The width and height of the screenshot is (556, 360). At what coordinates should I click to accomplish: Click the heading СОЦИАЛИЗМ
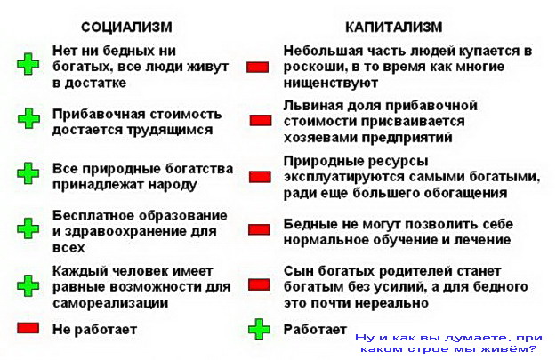point(126,28)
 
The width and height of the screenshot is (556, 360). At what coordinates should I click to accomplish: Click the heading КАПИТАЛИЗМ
point(393,28)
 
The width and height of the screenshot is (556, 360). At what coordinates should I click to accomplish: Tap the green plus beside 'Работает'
point(259,329)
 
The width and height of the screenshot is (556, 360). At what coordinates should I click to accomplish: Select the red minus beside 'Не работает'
point(28,328)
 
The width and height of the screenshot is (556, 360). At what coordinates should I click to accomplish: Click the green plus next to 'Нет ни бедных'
point(28,64)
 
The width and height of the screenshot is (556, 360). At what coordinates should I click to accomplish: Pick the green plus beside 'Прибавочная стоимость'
point(28,118)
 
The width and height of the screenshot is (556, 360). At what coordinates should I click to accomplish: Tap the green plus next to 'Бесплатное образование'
point(28,228)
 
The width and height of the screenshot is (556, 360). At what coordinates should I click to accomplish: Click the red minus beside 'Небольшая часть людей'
point(258,68)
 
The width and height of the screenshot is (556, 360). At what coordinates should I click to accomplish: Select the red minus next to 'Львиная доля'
point(261,121)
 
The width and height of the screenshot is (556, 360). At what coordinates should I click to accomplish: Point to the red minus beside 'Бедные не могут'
point(259,229)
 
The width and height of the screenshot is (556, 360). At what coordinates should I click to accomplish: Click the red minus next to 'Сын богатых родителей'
point(259,284)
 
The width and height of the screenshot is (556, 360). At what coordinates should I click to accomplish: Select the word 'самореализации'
point(110,303)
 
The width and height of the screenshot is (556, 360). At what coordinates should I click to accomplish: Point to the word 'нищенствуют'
point(331,84)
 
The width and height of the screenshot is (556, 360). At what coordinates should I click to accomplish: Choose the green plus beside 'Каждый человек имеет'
point(28,285)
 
